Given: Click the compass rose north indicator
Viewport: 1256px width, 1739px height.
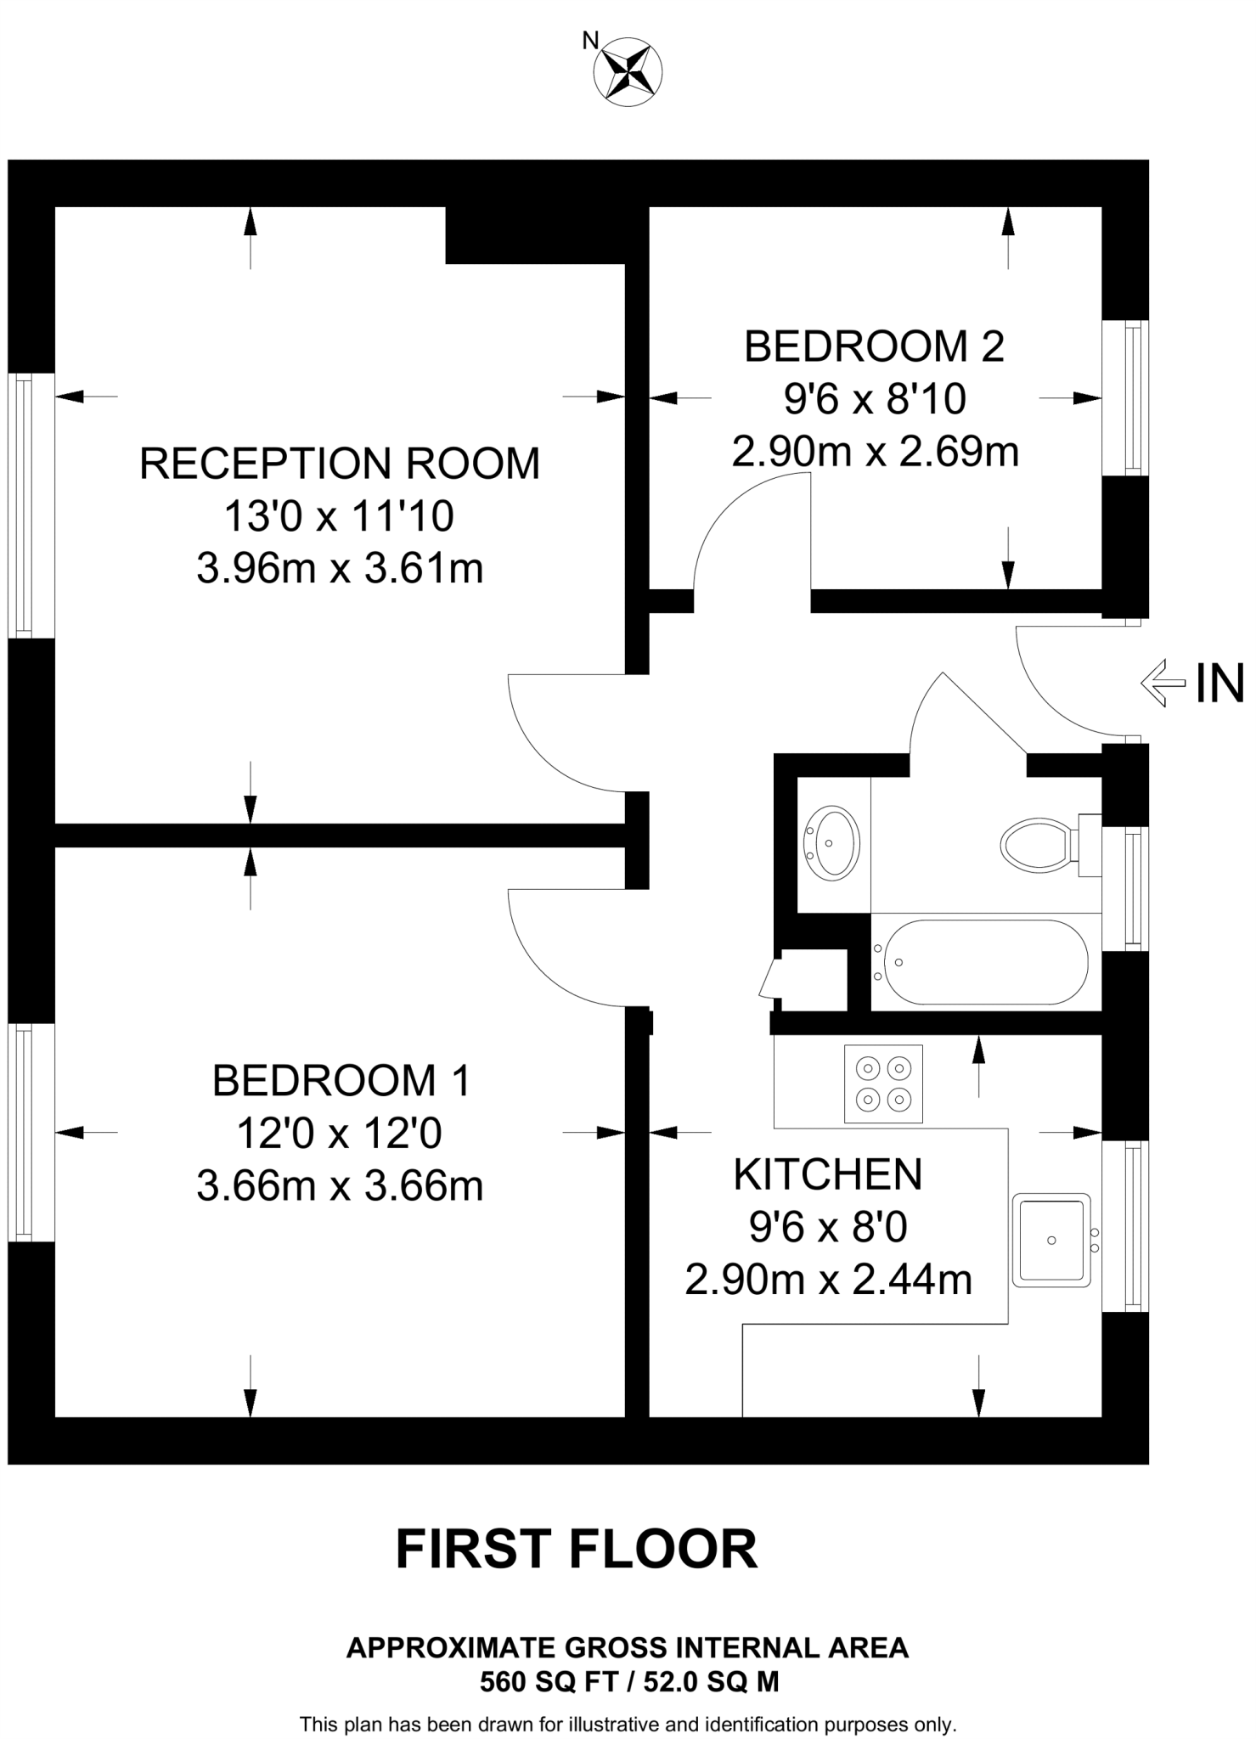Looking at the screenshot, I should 627,71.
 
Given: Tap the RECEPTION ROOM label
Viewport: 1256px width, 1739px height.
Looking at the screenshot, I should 339,464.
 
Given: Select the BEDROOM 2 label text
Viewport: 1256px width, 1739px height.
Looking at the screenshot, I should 874,346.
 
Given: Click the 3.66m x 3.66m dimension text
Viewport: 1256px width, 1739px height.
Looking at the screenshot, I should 339,1186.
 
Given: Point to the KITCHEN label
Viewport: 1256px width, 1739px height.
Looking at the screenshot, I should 827,1174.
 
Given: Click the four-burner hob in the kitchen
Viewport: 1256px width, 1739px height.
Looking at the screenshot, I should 883,1083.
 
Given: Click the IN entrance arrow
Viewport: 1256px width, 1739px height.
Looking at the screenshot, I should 1163,683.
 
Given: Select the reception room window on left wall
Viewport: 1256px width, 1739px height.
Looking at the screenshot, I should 24,505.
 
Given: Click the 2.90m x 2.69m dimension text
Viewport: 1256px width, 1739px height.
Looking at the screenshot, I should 874,452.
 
